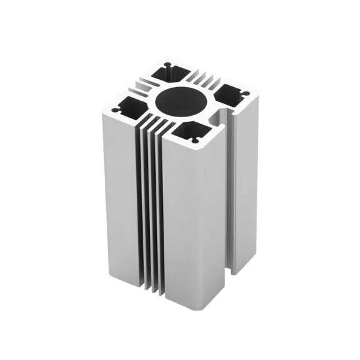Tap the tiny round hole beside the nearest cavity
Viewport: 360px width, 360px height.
tap(194, 140)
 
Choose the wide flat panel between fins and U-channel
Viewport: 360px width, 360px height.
tap(193, 223)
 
